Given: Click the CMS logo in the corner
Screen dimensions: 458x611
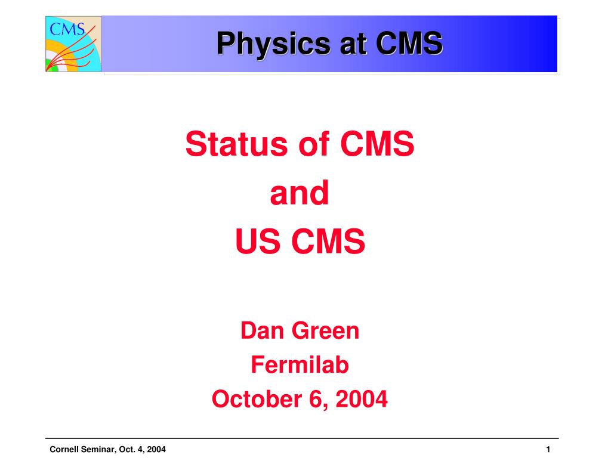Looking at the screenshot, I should click(x=73, y=44).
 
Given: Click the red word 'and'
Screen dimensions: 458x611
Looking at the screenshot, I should click(x=300, y=194).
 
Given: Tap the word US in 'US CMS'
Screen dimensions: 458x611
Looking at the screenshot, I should click(x=254, y=242).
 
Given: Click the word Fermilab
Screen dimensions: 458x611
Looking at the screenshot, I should click(x=300, y=364).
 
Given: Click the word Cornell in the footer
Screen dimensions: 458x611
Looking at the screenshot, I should click(x=63, y=449).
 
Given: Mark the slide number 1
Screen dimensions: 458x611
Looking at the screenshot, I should click(x=547, y=449).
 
